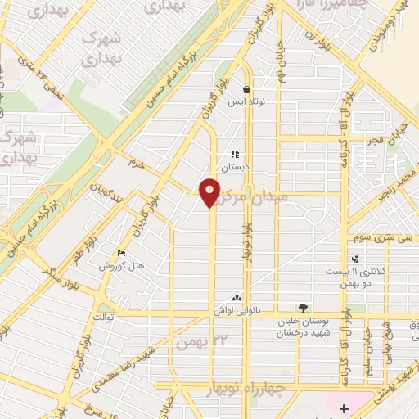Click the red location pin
point(210,192)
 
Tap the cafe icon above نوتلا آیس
point(246,90)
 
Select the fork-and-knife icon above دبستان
point(235,155)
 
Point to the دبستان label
point(235,166)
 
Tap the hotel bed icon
point(122,255)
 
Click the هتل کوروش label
point(121,266)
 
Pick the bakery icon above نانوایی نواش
point(237,299)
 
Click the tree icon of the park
point(304,308)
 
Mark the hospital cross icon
point(344,408)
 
